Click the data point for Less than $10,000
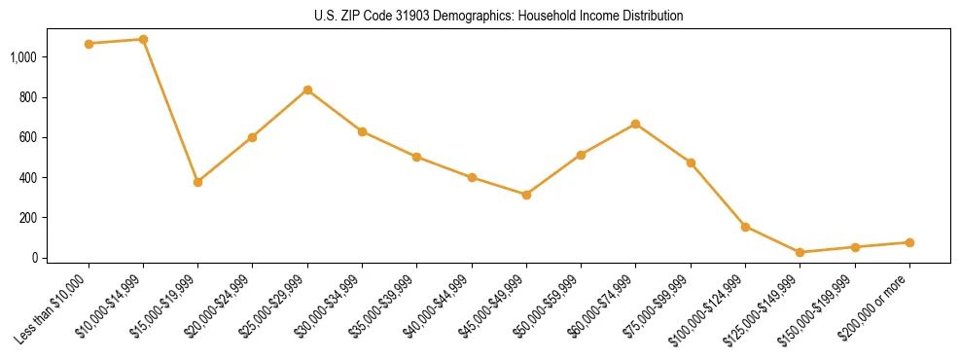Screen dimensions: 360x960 89,44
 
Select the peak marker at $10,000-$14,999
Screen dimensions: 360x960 143,40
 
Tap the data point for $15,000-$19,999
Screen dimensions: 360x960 197,182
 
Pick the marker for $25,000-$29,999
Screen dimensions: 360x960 307,90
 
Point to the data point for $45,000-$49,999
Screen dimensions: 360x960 526,195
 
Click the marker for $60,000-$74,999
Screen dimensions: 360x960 635,125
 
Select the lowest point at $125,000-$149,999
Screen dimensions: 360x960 800,252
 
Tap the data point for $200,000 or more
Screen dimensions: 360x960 909,242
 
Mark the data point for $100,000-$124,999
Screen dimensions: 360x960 745,227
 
